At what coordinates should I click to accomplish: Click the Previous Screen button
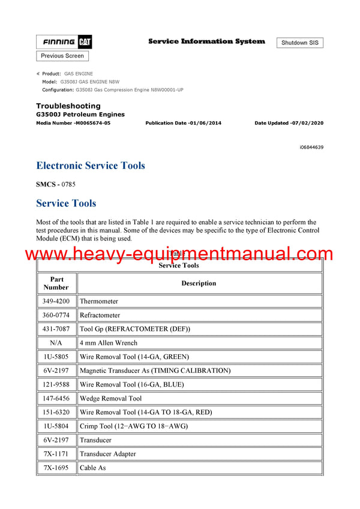62,56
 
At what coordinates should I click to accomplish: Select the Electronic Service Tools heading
91,165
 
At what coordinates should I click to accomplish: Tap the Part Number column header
56,283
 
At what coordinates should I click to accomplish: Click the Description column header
199,283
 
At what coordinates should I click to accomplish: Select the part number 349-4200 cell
56,302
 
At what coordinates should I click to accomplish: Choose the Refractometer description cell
100,315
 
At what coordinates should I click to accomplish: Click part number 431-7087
56,329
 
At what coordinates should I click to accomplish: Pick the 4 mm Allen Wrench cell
109,343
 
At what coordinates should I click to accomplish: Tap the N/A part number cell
56,343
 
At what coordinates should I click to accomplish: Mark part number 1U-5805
56,357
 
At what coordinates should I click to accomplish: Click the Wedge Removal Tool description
110,399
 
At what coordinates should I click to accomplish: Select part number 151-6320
56,412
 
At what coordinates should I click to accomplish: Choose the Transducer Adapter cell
108,454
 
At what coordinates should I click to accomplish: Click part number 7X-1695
56,468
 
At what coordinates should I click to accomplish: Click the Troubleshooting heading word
68,106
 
